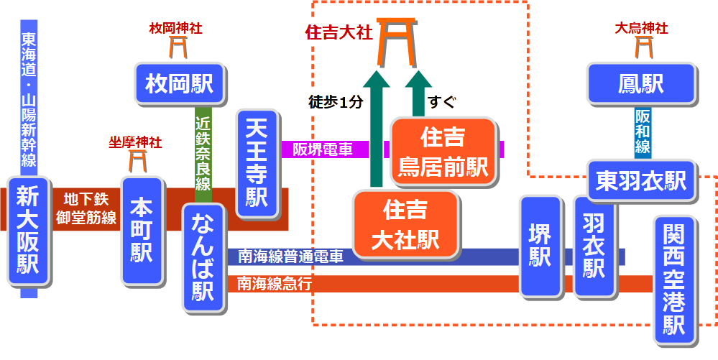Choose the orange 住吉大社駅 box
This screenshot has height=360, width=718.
(405, 225)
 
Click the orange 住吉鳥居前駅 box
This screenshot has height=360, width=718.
(443, 152)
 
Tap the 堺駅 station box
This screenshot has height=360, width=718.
(540, 246)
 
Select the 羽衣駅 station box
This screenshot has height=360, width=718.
(594, 246)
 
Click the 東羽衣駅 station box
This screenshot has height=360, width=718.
(641, 180)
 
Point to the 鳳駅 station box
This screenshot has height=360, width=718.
(640, 83)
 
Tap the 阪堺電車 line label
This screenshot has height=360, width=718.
(322, 149)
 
